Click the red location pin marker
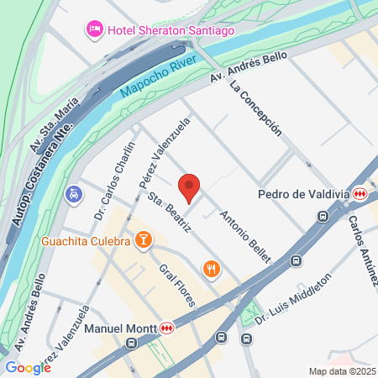(x=190, y=187)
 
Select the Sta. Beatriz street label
(x=165, y=213)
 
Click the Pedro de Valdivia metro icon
(x=360, y=194)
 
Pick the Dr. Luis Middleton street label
(x=294, y=299)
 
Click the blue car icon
(x=74, y=195)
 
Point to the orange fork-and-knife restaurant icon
(x=210, y=269)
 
